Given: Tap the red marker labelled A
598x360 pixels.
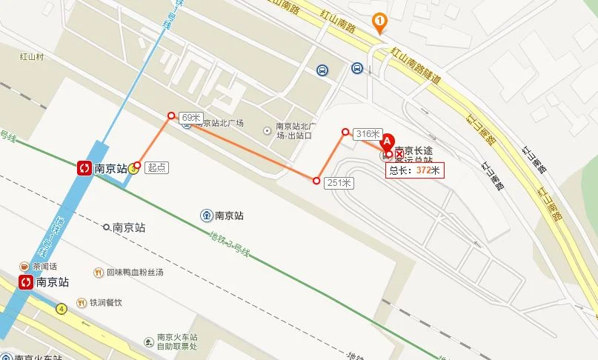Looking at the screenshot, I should tap(386, 140).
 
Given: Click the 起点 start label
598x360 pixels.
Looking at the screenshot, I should tap(156, 168).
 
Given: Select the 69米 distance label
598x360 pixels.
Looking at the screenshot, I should tap(191, 118).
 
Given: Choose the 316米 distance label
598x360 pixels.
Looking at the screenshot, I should tap(367, 134).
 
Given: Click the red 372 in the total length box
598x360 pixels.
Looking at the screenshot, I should tap(424, 170).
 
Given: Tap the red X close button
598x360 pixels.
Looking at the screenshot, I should tap(399, 154).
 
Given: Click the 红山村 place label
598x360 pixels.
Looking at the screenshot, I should tap(34, 56).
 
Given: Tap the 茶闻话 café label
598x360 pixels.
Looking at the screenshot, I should tap(43, 267).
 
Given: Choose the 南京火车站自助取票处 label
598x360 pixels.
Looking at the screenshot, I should tap(176, 342).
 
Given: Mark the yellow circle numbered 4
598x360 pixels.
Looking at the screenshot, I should tap(61, 308).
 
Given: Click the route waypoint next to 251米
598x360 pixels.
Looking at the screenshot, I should tap(316, 181).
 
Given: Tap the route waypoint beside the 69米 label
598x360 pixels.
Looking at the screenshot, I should tap(171, 115).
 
